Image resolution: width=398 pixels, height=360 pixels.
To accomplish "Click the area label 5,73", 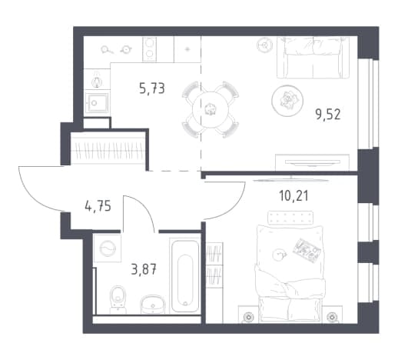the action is pyautogui.click(x=152, y=88).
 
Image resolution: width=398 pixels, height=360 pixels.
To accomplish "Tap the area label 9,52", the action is pyautogui.click(x=328, y=114).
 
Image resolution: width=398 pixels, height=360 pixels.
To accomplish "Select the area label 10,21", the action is pyautogui.click(x=294, y=196).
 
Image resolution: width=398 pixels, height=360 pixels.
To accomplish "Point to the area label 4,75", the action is pyautogui.click(x=98, y=206).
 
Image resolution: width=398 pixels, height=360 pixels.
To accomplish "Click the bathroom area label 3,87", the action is pyautogui.click(x=144, y=269).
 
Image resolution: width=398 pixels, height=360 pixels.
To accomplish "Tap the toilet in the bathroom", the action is pyautogui.click(x=118, y=299).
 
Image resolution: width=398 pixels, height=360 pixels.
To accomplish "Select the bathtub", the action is pyautogui.click(x=185, y=275).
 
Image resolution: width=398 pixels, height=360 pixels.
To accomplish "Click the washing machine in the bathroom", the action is pyautogui.click(x=108, y=248).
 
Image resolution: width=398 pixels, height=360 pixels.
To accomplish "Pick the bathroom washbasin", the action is pyautogui.click(x=153, y=305).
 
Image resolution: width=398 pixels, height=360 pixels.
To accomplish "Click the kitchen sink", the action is pyautogui.click(x=97, y=102).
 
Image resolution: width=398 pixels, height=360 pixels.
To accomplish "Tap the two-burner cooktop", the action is pyautogui.click(x=149, y=49).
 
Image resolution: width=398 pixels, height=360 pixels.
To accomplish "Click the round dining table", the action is pyautogui.click(x=211, y=110).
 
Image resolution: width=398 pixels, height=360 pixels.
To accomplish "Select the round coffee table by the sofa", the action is pyautogui.click(x=287, y=99).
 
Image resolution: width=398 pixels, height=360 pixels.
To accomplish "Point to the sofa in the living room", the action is pyautogui.click(x=313, y=57).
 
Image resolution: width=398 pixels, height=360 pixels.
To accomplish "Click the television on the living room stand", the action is pyautogui.click(x=313, y=162).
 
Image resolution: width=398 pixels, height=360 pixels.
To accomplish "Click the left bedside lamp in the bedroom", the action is pyautogui.click(x=248, y=317).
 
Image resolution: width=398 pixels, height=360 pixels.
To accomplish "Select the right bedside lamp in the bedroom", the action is pyautogui.click(x=332, y=317).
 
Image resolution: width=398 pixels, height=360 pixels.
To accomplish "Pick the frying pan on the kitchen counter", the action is pyautogui.click(x=107, y=49).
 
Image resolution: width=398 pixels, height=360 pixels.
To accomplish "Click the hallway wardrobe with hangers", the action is pyautogui.click(x=108, y=151).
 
